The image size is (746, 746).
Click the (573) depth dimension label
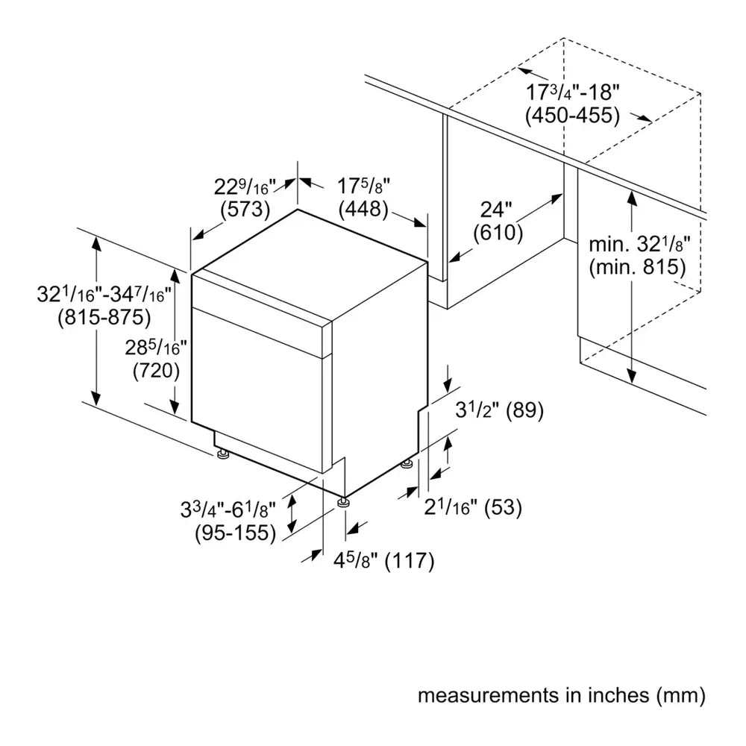click(x=245, y=210)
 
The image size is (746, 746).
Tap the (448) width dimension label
click(x=363, y=209)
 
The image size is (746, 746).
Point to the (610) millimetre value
click(x=498, y=233)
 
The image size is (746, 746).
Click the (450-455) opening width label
click(x=573, y=116)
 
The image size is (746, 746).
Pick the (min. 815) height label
click(x=638, y=267)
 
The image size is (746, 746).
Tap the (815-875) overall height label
click(x=104, y=317)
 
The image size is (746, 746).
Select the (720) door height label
click(x=157, y=371)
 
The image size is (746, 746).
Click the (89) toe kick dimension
click(x=524, y=410)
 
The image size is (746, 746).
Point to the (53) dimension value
click(x=503, y=507)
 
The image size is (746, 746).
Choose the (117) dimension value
click(x=410, y=561)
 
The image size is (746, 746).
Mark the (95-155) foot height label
click(x=236, y=533)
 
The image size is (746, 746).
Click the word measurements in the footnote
click(x=488, y=695)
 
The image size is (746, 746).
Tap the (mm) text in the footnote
click(x=681, y=695)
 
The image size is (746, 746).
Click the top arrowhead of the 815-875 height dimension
click(x=96, y=242)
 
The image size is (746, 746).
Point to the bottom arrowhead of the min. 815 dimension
click(x=632, y=376)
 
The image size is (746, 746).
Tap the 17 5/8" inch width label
click(x=363, y=186)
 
